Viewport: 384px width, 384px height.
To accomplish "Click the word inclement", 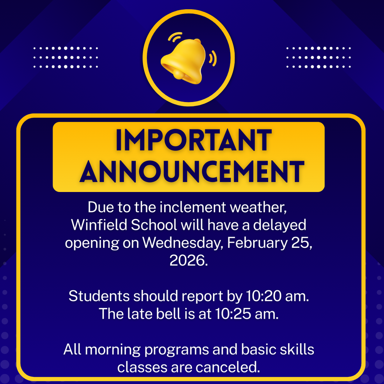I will [x=189, y=207].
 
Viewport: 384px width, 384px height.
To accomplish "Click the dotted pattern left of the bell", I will [x=65, y=57].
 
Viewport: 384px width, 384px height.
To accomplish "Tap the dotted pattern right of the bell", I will [x=318, y=57].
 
